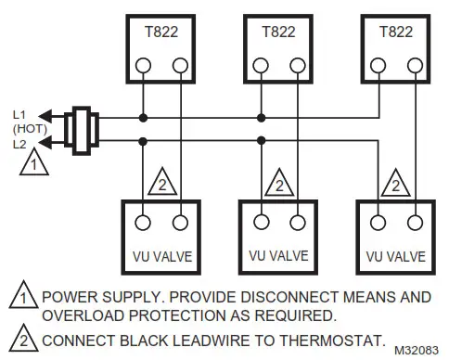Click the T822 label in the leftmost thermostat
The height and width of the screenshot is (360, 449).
click(160, 30)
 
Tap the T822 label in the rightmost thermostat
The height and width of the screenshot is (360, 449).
click(396, 30)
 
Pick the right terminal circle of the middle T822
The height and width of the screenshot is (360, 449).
click(297, 67)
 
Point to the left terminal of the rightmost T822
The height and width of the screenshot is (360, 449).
click(378, 67)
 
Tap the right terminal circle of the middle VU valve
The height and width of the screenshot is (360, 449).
click(297, 223)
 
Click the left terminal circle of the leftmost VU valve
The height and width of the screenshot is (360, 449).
click(142, 223)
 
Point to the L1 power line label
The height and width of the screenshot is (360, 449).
click(19, 113)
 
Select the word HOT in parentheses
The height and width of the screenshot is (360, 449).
click(19, 129)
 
